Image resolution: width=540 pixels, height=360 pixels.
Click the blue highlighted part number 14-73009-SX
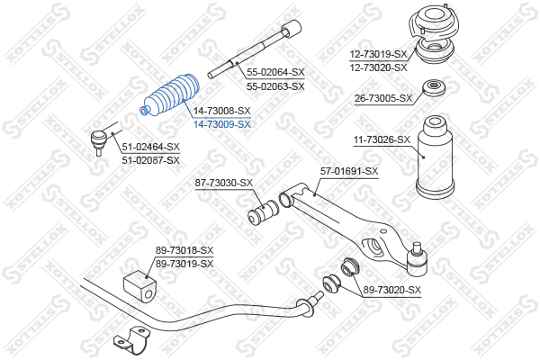point(221,124)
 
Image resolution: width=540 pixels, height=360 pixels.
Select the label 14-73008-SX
point(221,111)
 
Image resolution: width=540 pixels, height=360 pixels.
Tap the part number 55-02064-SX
point(275,72)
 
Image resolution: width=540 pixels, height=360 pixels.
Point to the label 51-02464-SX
point(151,147)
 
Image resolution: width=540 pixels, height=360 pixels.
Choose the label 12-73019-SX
point(379,54)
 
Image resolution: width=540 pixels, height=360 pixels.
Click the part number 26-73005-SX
point(383,98)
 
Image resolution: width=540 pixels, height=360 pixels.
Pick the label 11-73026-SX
point(382,139)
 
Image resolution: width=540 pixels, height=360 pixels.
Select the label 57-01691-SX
point(349,171)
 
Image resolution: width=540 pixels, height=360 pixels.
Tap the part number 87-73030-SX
point(224,183)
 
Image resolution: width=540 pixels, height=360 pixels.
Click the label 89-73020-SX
point(392,290)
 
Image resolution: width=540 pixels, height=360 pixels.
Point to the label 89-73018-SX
point(184,250)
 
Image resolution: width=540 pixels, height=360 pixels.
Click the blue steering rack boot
point(170,96)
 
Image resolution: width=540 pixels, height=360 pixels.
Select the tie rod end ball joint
point(98,139)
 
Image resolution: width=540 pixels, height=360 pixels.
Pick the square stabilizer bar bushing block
point(139,286)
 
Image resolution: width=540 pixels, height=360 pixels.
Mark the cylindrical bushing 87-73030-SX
point(264,212)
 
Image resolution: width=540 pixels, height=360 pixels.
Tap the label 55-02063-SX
point(275,86)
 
